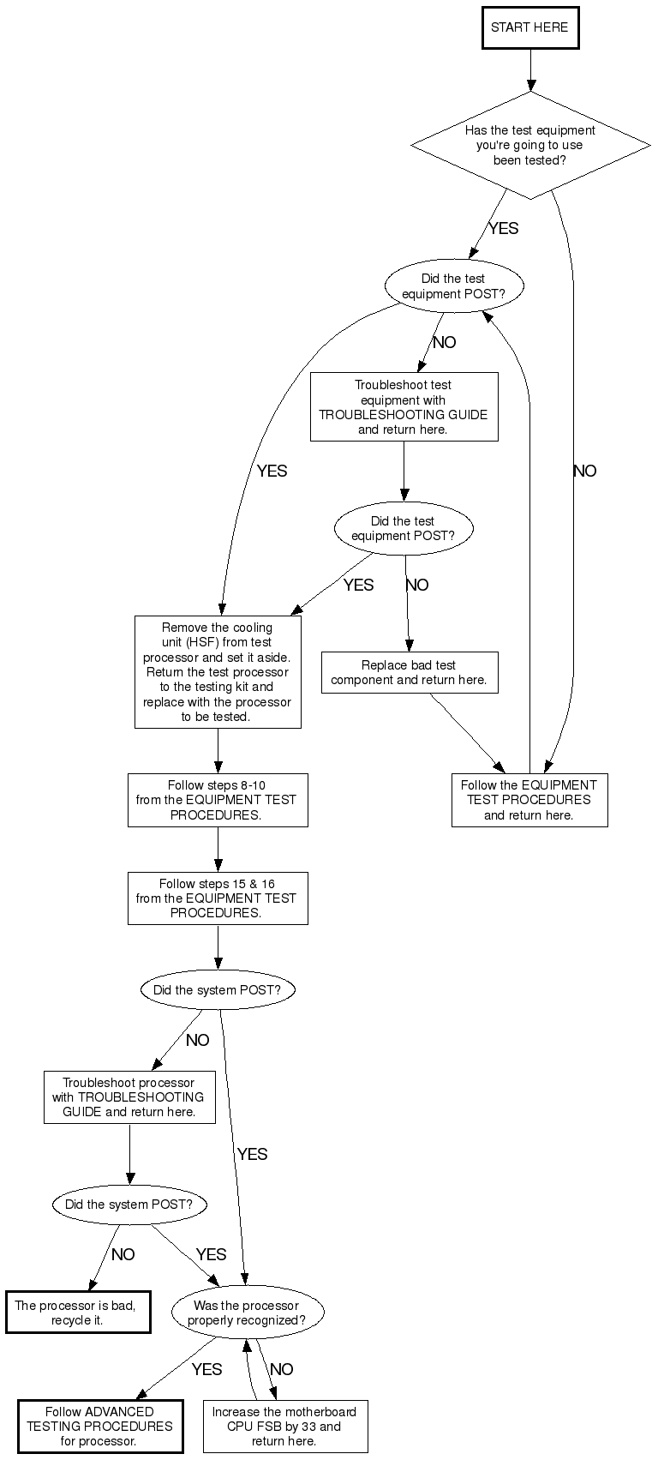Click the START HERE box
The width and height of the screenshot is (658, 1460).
[x=530, y=27]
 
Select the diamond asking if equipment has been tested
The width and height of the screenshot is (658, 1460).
[x=530, y=145]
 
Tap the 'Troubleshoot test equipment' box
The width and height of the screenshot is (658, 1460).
[x=404, y=407]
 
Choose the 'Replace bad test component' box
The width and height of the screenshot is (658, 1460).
[x=409, y=672]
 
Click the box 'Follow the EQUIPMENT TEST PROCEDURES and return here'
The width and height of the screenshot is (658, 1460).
[x=529, y=800]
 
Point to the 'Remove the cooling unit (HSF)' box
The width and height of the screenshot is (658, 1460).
[x=217, y=672]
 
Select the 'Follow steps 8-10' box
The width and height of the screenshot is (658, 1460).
[x=217, y=800]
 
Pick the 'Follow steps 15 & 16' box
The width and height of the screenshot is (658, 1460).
[x=217, y=898]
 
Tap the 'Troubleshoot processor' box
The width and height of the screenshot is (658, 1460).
[x=129, y=1097]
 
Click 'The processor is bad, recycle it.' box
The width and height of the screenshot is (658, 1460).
[x=77, y=1313]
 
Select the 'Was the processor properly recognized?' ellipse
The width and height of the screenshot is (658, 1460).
[x=247, y=1313]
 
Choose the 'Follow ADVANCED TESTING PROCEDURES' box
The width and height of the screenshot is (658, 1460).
[x=99, y=1427]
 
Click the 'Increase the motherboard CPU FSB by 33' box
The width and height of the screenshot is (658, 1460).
[x=284, y=1427]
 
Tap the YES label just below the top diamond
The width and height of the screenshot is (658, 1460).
[x=503, y=229]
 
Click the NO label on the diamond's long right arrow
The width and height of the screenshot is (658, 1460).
[x=584, y=471]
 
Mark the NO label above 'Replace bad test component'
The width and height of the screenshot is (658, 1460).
[x=416, y=586]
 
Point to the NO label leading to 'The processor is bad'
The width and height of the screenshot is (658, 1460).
[x=123, y=1255]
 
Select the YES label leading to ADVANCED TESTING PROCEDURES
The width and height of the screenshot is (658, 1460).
[x=206, y=1370]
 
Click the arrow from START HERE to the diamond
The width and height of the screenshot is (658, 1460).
[x=530, y=69]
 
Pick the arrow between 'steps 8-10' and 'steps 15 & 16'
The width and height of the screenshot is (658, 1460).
[x=217, y=849]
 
